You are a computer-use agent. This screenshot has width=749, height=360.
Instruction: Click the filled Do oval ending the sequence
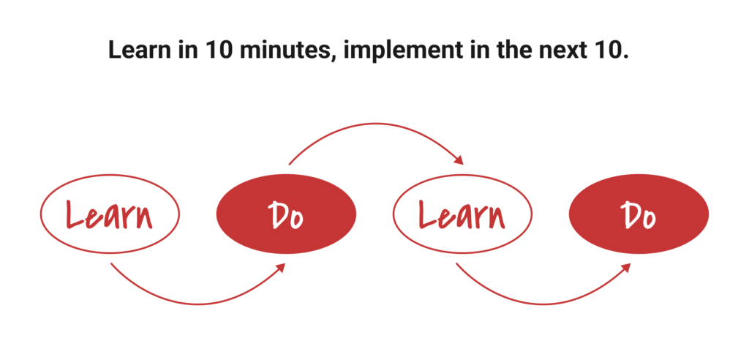(639, 214)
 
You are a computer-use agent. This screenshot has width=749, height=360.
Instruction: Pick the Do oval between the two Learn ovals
(286, 214)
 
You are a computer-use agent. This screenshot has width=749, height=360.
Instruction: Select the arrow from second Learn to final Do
(544, 304)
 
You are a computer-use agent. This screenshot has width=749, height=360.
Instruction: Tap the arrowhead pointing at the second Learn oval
(459, 160)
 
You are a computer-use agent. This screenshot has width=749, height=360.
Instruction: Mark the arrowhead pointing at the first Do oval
(281, 267)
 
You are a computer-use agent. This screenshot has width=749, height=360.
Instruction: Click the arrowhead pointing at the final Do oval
(626, 267)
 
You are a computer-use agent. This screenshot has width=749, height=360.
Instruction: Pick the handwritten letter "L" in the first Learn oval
(75, 214)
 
